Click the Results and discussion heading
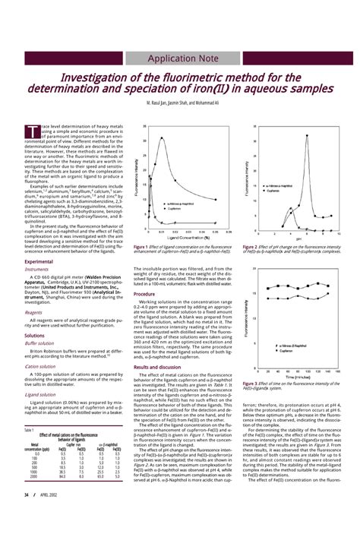click(158, 366)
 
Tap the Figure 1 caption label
click(142, 247)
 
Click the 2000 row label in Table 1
click(35, 477)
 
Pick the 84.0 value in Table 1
click(62, 477)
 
